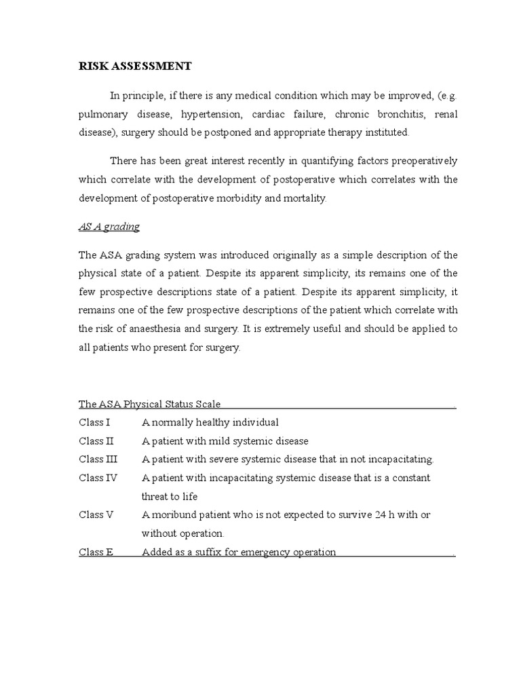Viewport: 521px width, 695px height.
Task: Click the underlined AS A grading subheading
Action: tap(109, 227)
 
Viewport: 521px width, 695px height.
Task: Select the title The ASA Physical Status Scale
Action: tap(149, 404)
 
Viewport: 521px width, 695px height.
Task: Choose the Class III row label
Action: tap(98, 459)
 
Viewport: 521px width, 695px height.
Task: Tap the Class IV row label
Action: tap(98, 478)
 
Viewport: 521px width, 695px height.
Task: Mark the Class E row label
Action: tap(96, 552)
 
